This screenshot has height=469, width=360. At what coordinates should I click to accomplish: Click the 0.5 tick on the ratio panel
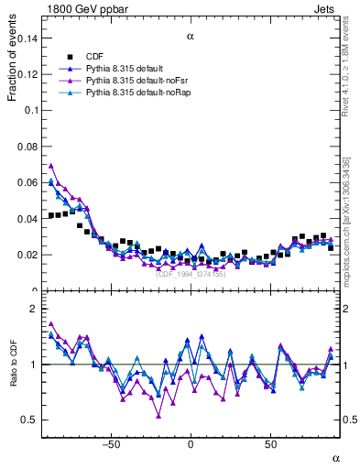[30, 420]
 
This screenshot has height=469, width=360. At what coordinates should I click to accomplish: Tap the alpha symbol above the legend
[191, 37]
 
